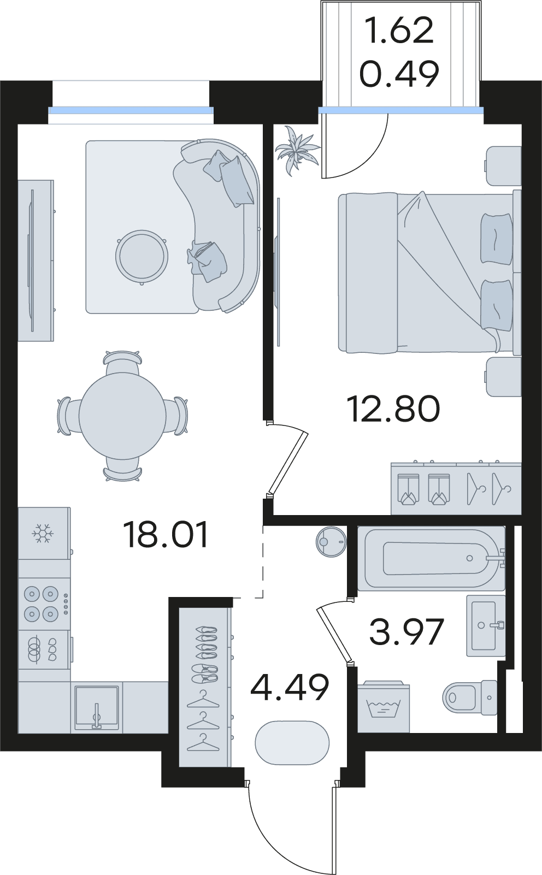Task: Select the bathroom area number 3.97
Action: [407, 631]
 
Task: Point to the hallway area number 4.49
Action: [290, 687]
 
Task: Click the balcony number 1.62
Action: [399, 31]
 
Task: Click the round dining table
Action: [122, 416]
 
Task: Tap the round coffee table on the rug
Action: [142, 256]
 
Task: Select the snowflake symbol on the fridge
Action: [43, 533]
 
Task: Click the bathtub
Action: [431, 558]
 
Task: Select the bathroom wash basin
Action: [486, 626]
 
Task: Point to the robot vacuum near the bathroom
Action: [331, 542]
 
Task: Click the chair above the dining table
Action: [122, 362]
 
